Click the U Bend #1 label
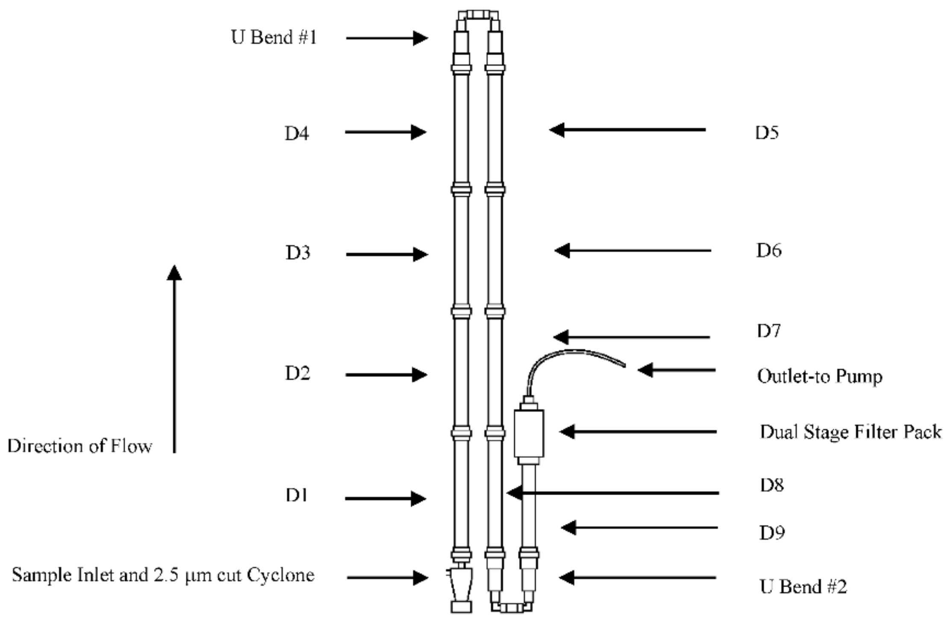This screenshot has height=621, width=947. (x=274, y=38)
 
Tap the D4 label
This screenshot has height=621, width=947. (x=296, y=134)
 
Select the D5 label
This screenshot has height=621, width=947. (x=767, y=133)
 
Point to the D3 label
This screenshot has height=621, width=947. (x=298, y=253)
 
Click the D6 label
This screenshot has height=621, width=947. (x=769, y=250)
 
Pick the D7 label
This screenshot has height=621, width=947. (x=769, y=330)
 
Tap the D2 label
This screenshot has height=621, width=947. (x=297, y=373)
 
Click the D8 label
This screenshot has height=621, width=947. (x=772, y=485)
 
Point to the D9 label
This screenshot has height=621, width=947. (x=772, y=532)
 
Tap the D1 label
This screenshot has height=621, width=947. (x=296, y=495)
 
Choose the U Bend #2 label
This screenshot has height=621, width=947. (x=803, y=586)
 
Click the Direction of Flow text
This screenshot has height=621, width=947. (x=80, y=446)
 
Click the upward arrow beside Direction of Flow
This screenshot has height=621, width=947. (x=174, y=359)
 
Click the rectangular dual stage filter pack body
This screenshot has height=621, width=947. (x=529, y=433)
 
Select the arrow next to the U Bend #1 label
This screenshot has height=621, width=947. (x=387, y=38)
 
